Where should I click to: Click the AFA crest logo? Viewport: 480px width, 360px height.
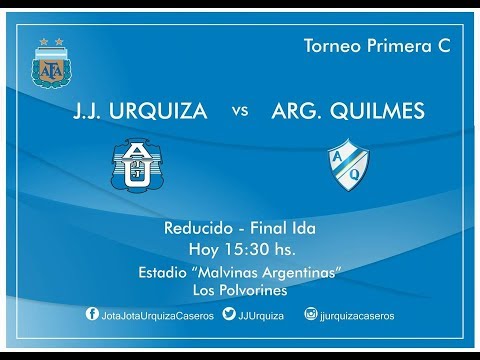[x=47, y=62]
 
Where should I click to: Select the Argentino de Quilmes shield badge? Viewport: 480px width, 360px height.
[x=349, y=161]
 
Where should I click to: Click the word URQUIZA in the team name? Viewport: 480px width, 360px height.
[x=164, y=111]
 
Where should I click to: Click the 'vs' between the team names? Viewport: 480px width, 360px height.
[x=240, y=112]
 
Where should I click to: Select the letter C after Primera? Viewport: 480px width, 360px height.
[x=443, y=46]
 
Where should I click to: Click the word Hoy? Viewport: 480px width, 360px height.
[x=205, y=249]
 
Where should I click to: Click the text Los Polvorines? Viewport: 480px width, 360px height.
[x=240, y=290]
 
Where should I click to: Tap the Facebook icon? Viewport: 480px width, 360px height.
[x=92, y=314]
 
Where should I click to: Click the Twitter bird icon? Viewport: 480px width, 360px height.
[x=229, y=314]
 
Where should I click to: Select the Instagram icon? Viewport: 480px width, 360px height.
[x=310, y=314]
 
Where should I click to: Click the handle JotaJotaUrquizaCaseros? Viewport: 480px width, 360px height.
[x=155, y=315]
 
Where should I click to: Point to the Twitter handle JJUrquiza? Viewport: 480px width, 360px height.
[x=262, y=315]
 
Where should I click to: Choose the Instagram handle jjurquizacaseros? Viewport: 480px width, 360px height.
[x=357, y=315]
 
